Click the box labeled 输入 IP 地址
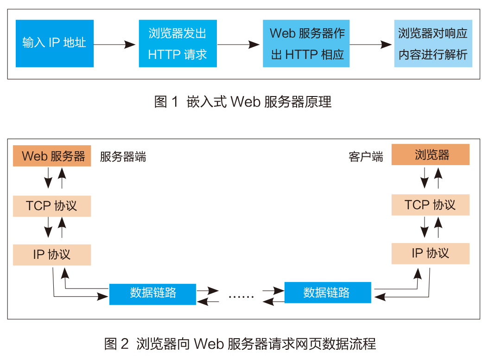tap(55, 44)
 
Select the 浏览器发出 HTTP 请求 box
tap(178, 44)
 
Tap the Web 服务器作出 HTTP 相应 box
tap(306, 44)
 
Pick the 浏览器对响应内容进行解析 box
tap(433, 44)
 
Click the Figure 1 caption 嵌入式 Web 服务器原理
tap(243, 102)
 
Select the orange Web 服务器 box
tap(52, 156)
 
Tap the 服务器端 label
tap(123, 157)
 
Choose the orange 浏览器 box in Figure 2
tap(431, 155)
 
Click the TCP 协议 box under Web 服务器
tap(52, 206)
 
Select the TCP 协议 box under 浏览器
tap(431, 205)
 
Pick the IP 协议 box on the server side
tap(52, 255)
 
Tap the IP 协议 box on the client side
tap(431, 253)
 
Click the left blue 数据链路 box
tap(152, 293)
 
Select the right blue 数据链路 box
tap(328, 293)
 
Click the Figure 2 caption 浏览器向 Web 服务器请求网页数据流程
tap(240, 344)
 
